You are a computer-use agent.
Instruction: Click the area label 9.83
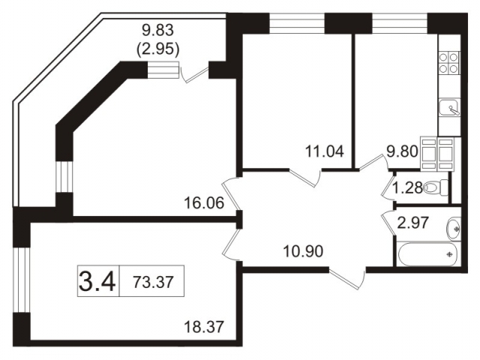pyautogui.click(x=158, y=31)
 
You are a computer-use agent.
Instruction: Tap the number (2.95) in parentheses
pyautogui.click(x=158, y=49)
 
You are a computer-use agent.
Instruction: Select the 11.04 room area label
pyautogui.click(x=325, y=150)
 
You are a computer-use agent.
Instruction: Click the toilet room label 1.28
pyautogui.click(x=409, y=187)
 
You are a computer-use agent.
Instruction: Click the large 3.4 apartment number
pyautogui.click(x=97, y=283)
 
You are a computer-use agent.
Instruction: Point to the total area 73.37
pyautogui.click(x=151, y=283)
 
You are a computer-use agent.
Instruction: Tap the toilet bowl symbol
pyautogui.click(x=433, y=188)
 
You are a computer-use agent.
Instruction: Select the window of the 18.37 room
pyautogui.click(x=20, y=278)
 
